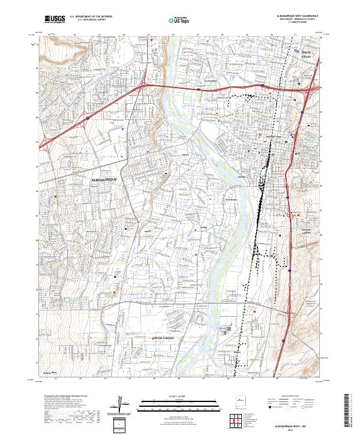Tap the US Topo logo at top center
pyautogui.click(x=174, y=20)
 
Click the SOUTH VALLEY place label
pyautogui.click(x=158, y=339)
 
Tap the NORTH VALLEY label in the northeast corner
pyautogui.click(x=308, y=56)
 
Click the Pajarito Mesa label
pyautogui.click(x=50, y=372)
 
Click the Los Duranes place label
pyautogui.click(x=211, y=81)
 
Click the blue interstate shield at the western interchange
pyautogui.click(x=88, y=119)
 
